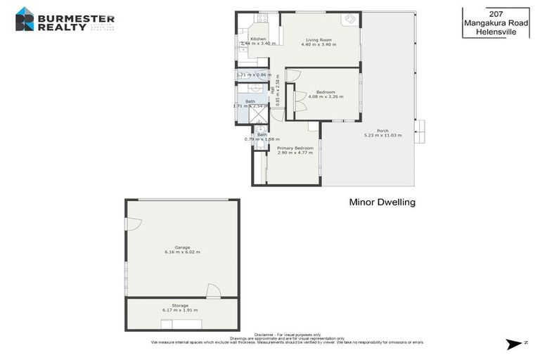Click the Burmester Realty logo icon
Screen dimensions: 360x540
pos(25,19)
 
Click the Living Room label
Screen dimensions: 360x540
pos(318,39)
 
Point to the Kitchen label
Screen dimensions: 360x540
pos(249,39)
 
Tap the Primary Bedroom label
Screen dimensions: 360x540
pos(295,148)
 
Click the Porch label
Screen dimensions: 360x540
pos(382,130)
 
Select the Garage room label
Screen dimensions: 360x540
pos(182,247)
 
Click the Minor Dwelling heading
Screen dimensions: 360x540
pos(382,202)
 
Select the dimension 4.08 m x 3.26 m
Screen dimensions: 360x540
pos(325,96)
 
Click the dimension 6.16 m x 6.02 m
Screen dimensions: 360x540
pos(182,252)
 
